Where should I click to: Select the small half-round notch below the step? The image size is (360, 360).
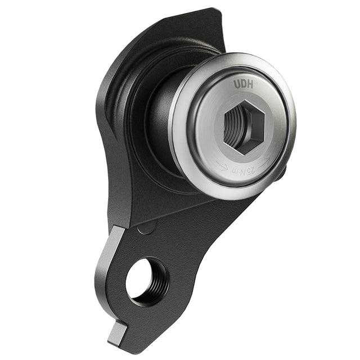145,227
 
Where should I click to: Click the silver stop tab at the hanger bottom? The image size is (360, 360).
117,332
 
